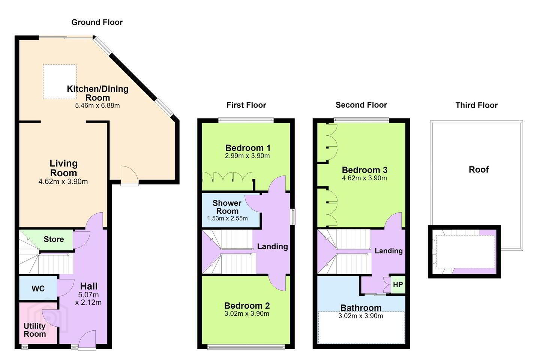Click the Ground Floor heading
pos(97,22)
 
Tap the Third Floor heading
pos(476,105)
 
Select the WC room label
pos(38,289)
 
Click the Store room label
pos(54,239)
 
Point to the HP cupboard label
pos(398,285)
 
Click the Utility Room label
pos(35,330)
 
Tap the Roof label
pos(478,169)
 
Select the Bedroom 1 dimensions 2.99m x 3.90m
pos(247,156)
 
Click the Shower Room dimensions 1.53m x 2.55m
pos(227,219)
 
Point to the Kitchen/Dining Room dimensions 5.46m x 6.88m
pos(97,106)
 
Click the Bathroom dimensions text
pos(361,316)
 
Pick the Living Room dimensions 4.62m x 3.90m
pos(63,181)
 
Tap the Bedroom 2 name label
pos(247,306)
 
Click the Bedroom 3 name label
pos(364,170)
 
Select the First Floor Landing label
pos(272,246)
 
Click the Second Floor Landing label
pos(388,251)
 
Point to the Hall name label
pos(89,286)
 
